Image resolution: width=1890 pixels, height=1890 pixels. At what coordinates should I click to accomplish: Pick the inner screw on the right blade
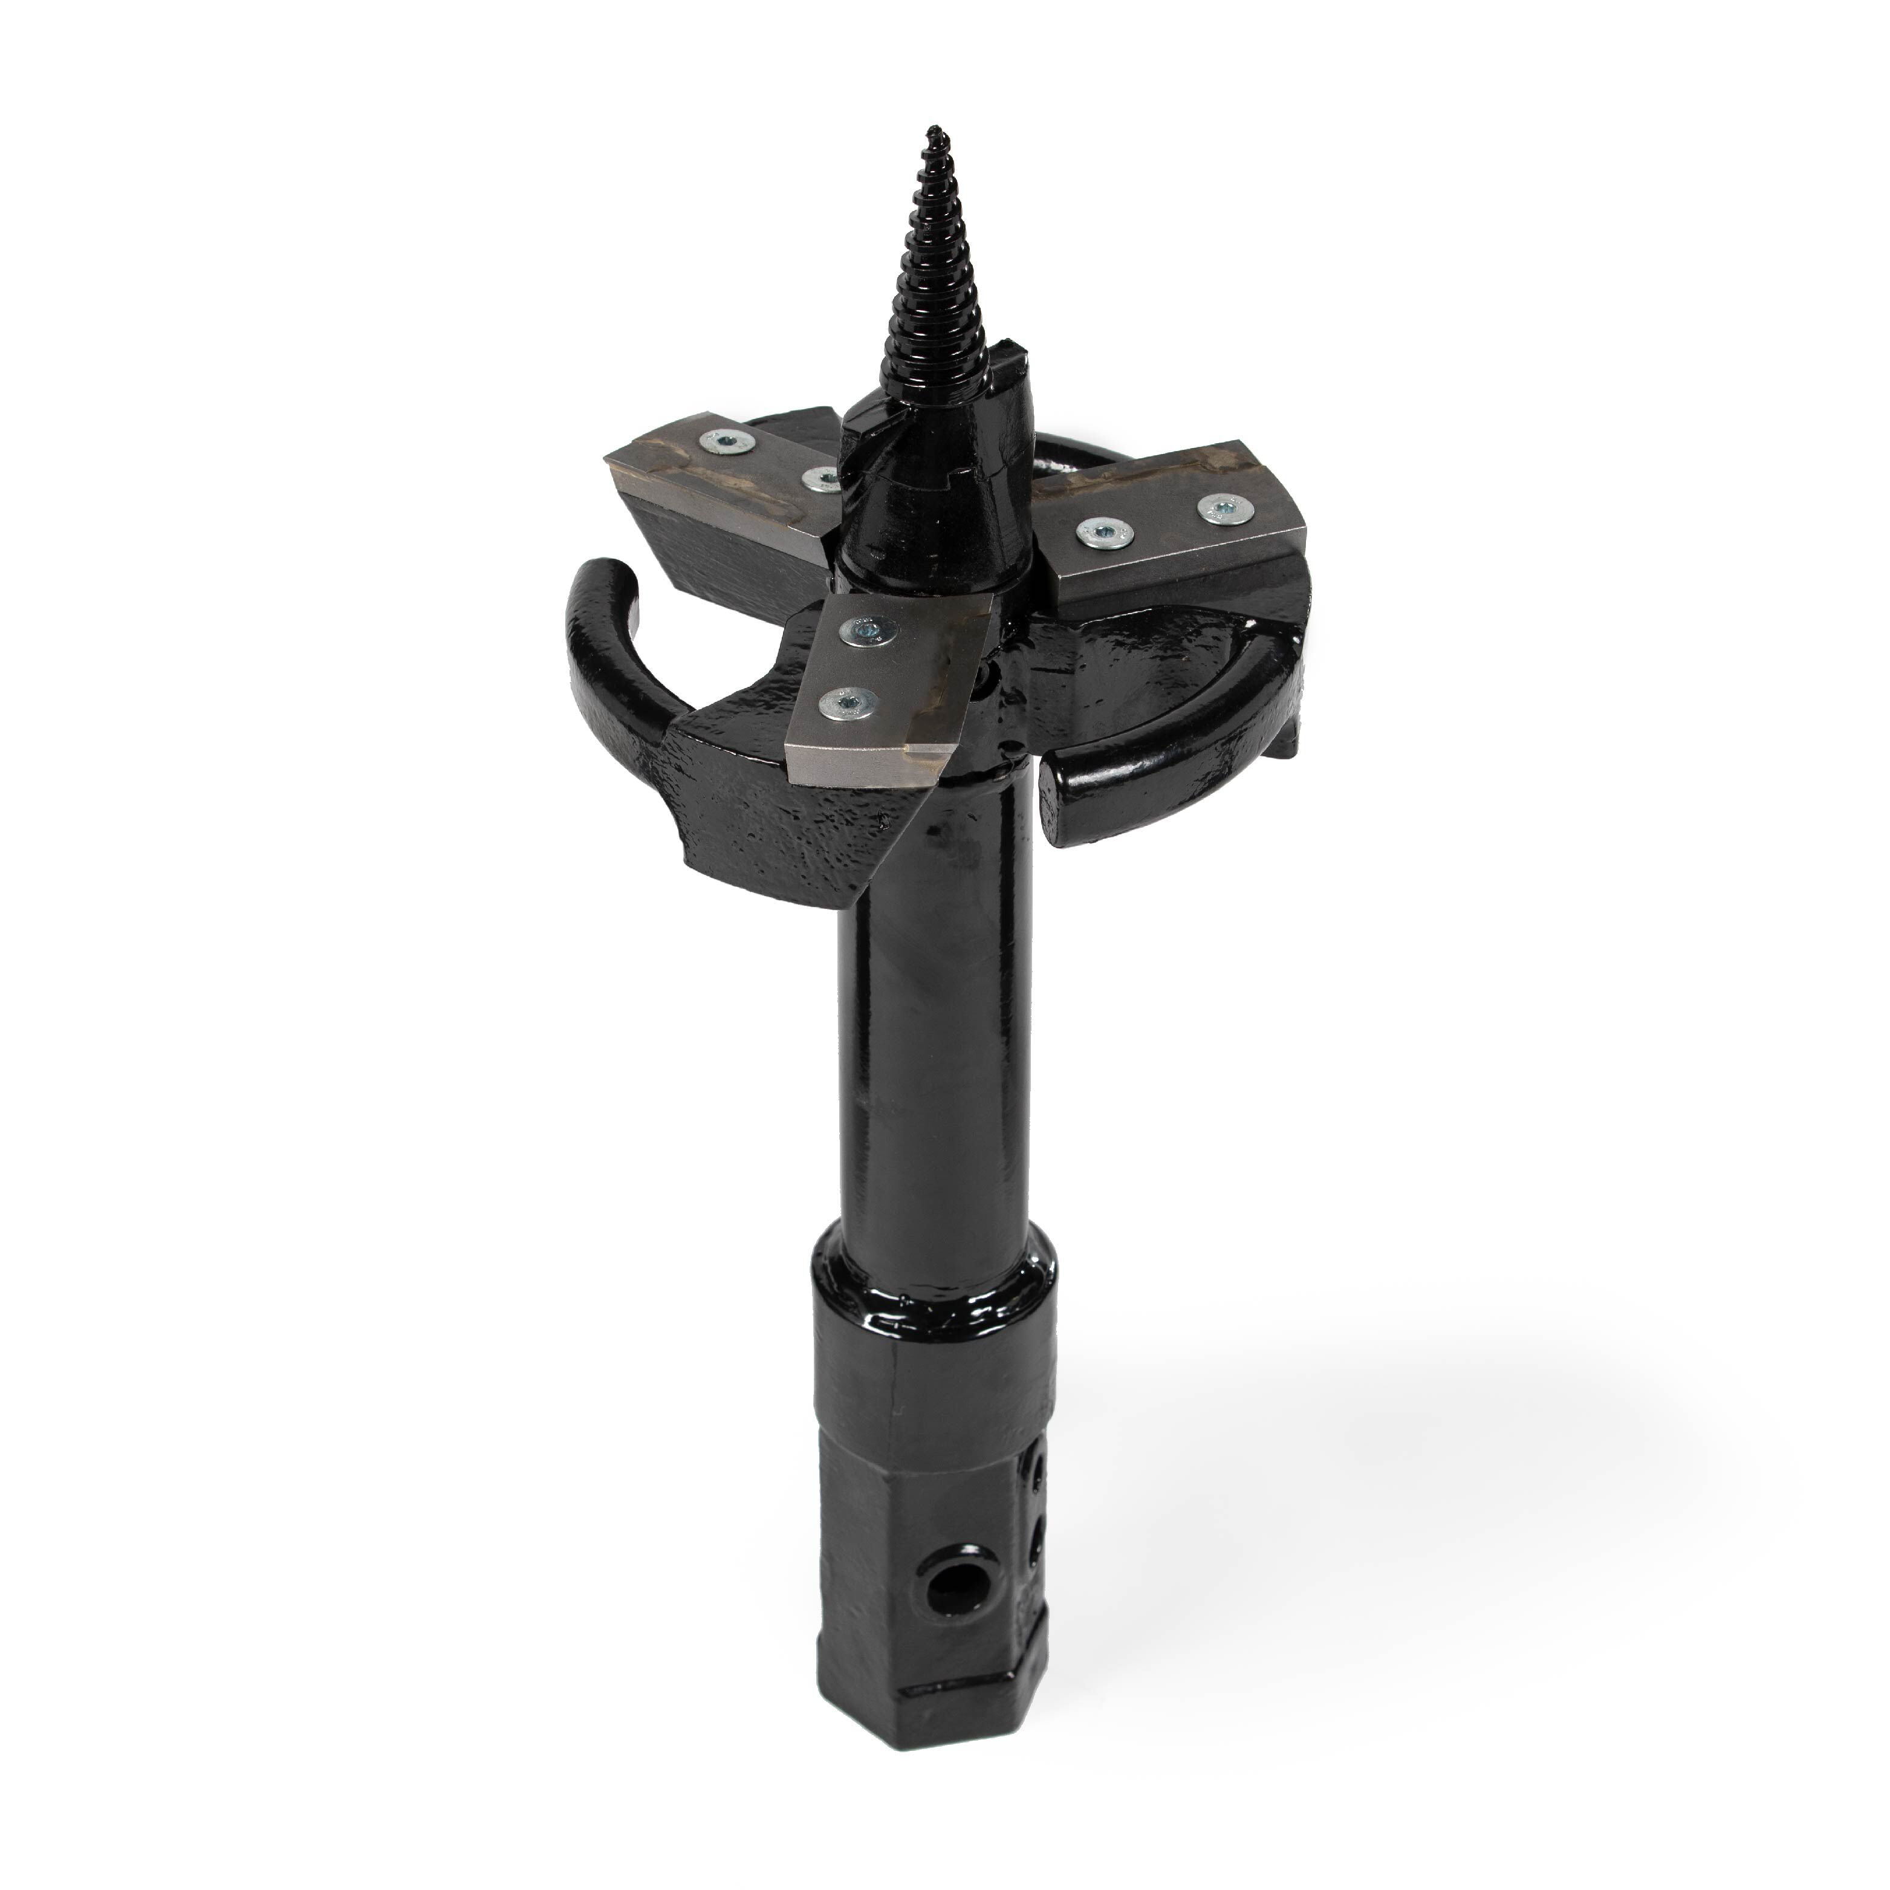point(1100,531)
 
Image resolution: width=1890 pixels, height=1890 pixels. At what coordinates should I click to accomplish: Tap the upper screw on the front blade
point(865,632)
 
